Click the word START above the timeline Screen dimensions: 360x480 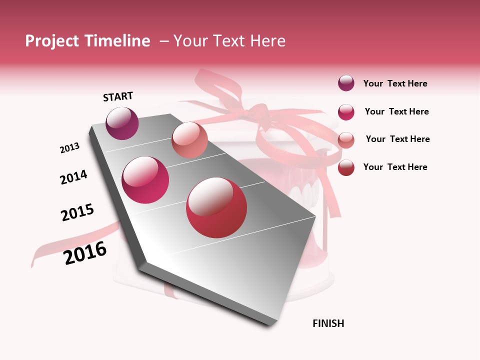click(x=118, y=96)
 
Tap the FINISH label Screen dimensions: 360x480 click(x=328, y=323)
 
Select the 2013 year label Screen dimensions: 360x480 click(x=69, y=148)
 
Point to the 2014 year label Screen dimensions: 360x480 click(x=73, y=177)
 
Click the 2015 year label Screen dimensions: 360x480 click(x=77, y=212)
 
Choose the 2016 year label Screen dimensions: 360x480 click(x=85, y=253)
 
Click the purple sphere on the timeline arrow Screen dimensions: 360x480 click(x=122, y=123)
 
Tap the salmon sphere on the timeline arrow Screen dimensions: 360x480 click(x=189, y=140)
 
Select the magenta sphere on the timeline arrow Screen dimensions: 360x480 click(x=145, y=180)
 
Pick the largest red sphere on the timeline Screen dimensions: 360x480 click(x=216, y=207)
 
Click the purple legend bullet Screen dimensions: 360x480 click(x=346, y=83)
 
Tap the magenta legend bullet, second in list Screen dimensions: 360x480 click(x=346, y=112)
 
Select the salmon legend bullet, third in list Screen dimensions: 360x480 click(x=346, y=140)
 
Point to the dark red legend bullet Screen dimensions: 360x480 click(x=346, y=167)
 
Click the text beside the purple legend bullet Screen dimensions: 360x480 click(x=395, y=84)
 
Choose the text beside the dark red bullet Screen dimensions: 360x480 click(x=395, y=167)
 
